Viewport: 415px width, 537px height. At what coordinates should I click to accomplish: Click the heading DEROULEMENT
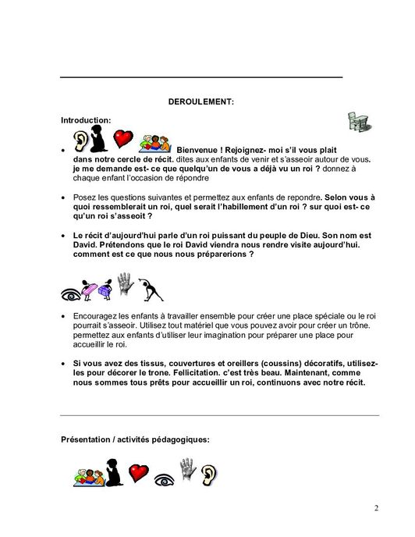201,101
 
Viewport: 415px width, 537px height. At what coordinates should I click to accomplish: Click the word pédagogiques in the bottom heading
176,439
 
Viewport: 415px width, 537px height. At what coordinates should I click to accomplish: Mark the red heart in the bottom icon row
139,471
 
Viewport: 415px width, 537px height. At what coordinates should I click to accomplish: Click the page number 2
376,509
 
